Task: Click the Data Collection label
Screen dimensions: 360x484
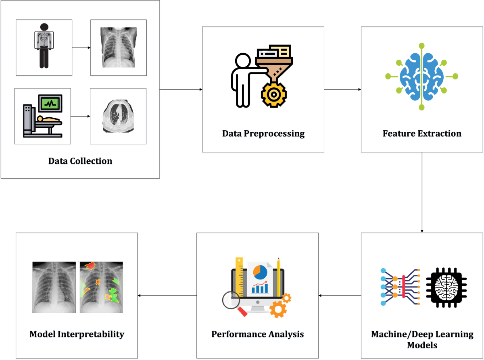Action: pos(80,161)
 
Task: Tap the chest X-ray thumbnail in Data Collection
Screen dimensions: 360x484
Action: pos(119,47)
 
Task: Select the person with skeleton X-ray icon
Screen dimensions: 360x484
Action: pos(44,46)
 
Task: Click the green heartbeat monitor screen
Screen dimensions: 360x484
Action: pos(50,103)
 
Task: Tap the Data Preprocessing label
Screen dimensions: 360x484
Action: pos(263,133)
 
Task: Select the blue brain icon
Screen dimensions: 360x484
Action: pos(422,76)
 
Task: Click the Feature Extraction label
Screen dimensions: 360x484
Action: pos(422,133)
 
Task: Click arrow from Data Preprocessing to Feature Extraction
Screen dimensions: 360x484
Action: pos(342,89)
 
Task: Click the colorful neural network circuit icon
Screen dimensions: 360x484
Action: pos(400,287)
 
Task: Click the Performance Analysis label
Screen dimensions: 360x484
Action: pos(257,335)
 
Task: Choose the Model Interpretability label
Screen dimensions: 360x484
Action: pos(77,335)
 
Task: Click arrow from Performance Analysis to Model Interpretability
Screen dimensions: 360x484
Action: pos(167,295)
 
